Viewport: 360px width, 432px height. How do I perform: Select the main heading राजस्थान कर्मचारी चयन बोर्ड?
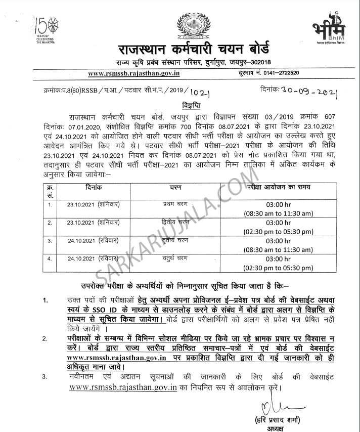194,51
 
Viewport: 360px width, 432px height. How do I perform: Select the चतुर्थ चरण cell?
179,258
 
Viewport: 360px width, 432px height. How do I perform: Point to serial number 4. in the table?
50,258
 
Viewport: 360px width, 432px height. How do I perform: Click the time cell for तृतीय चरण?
286,245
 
